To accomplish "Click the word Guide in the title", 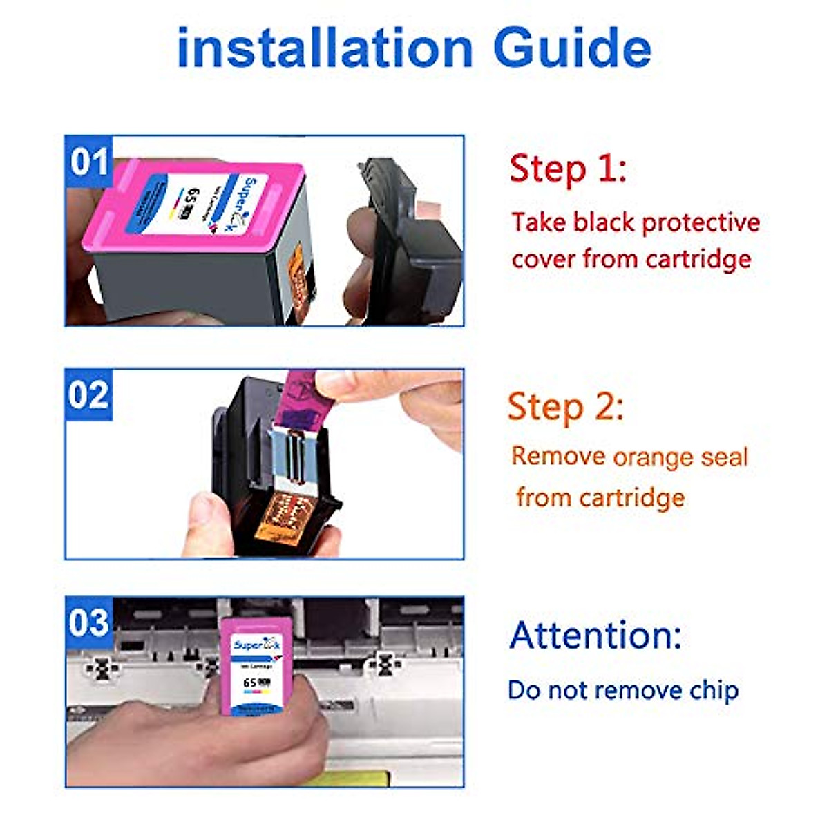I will tap(573, 48).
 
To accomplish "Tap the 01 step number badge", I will tap(89, 162).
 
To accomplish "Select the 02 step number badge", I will tap(89, 394).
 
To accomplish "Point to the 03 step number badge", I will tap(89, 622).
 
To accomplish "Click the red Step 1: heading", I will tap(568, 169).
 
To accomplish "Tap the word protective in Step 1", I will tap(701, 222).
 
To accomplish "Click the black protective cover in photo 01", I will tap(408, 242).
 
